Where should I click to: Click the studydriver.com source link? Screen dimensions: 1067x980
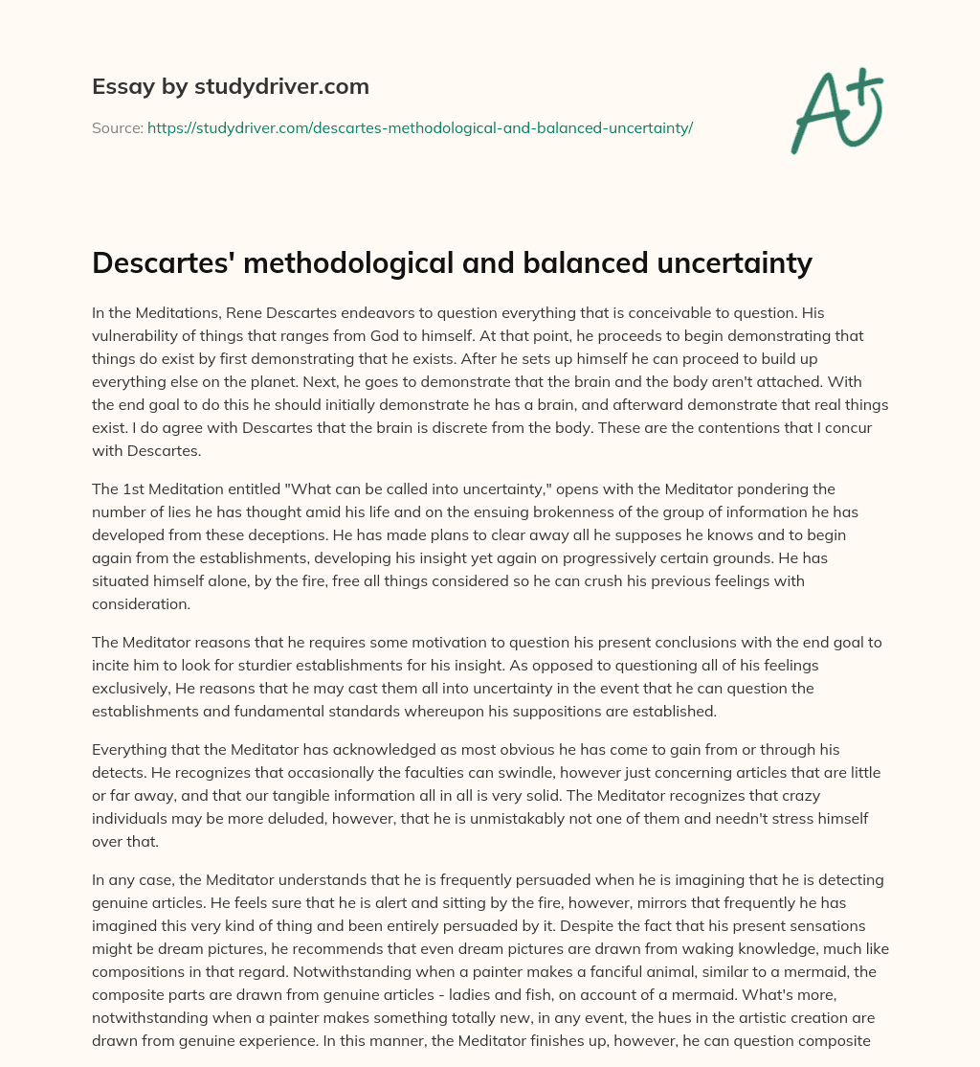(419, 127)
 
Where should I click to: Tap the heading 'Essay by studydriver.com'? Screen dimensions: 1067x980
(231, 86)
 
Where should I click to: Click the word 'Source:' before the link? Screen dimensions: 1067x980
(117, 127)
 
